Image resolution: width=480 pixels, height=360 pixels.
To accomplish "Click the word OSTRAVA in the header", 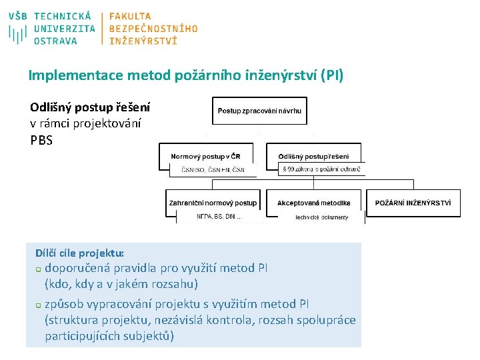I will [55, 41].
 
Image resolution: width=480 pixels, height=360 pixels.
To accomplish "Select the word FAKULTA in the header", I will [130, 16].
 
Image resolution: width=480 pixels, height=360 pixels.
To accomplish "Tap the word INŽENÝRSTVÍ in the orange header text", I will [143, 41].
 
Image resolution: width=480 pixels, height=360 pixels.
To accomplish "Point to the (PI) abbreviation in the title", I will [331, 75].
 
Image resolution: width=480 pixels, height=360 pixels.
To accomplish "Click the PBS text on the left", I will [41, 141].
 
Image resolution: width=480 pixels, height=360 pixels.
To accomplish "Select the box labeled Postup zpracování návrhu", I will [260, 110].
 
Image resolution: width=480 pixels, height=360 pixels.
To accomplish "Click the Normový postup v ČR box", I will [206, 157].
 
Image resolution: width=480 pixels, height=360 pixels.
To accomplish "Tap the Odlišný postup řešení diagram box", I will [313, 157].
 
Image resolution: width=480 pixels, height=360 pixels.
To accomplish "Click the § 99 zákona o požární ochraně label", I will [321, 170].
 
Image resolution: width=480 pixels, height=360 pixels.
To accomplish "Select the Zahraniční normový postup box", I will [213, 203].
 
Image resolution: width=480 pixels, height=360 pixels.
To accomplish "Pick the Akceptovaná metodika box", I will [313, 203].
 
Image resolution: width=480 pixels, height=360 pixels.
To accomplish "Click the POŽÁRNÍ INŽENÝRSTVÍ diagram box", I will [417, 203].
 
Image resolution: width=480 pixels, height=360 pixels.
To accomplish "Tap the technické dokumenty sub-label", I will [322, 217].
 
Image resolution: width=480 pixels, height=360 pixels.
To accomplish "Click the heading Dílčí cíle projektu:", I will [79, 253].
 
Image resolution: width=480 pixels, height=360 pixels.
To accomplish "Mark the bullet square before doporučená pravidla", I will [38, 269].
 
